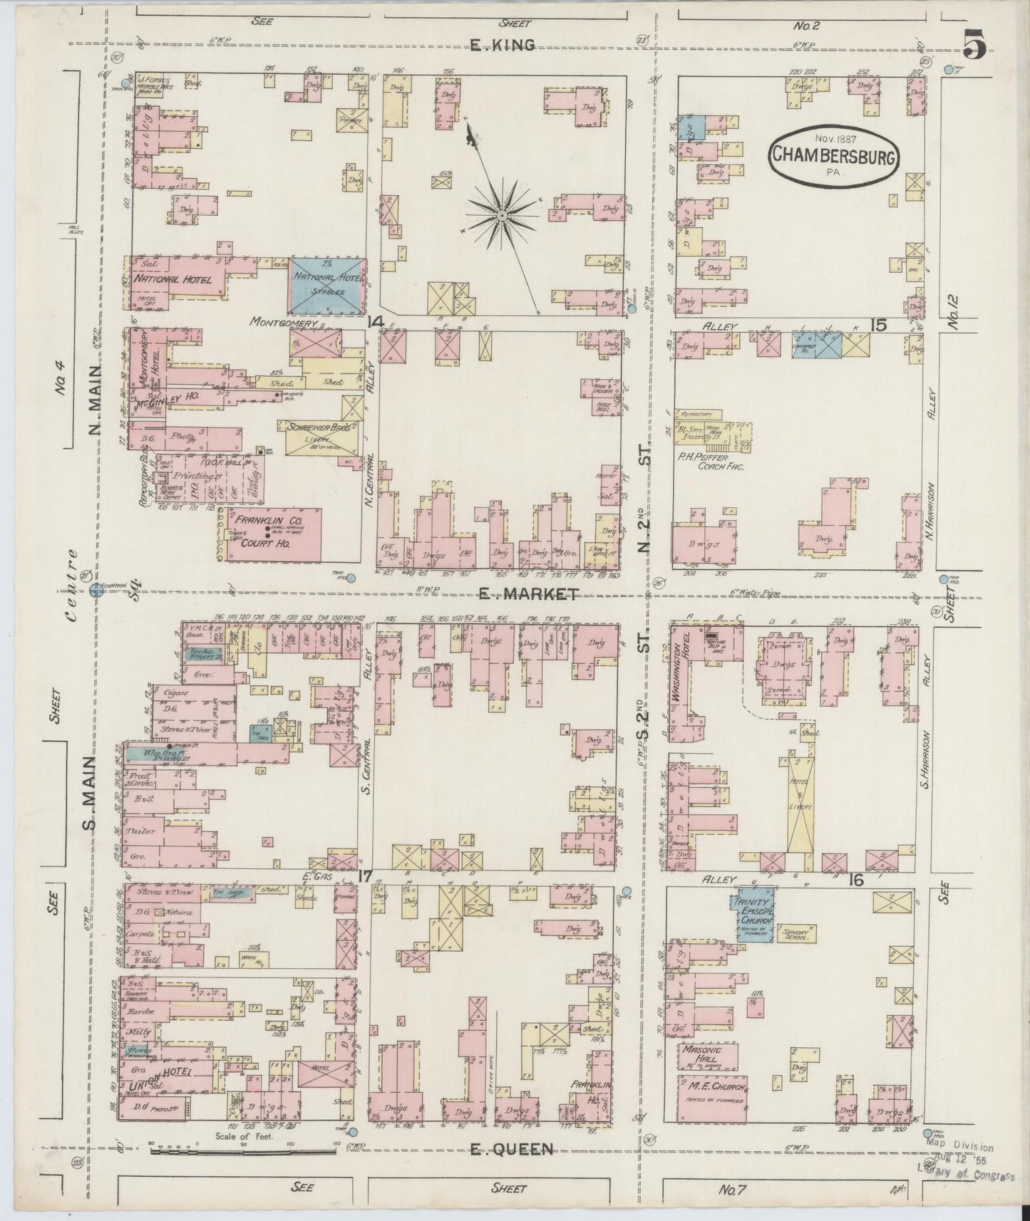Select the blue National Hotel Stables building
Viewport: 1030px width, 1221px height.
tap(327, 285)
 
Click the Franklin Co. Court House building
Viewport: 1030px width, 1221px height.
tap(269, 534)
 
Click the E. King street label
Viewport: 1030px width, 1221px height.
tap(503, 46)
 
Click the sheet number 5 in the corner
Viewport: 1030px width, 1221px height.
tap(974, 47)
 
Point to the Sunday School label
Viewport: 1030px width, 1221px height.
tap(795, 934)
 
